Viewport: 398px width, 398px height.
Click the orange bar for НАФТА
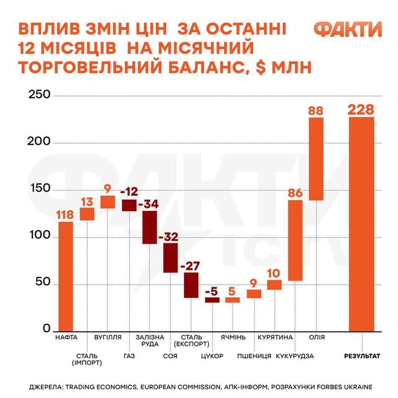pos(65,277)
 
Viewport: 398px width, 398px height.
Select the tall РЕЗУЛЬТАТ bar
pos(361,224)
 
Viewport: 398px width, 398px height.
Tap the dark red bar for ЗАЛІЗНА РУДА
pos(149,227)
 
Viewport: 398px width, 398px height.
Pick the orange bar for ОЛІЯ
pos(316,159)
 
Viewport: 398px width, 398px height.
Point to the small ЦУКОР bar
pos(213,300)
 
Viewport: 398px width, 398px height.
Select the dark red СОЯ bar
pos(170,257)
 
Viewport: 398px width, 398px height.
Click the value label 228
pos(361,110)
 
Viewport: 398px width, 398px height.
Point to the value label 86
pos(295,193)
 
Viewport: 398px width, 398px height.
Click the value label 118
pos(65,215)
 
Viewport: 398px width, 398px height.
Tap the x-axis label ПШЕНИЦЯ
pos(254,356)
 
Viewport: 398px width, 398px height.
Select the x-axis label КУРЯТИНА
pos(275,338)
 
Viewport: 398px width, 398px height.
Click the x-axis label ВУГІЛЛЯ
pos(108,338)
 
